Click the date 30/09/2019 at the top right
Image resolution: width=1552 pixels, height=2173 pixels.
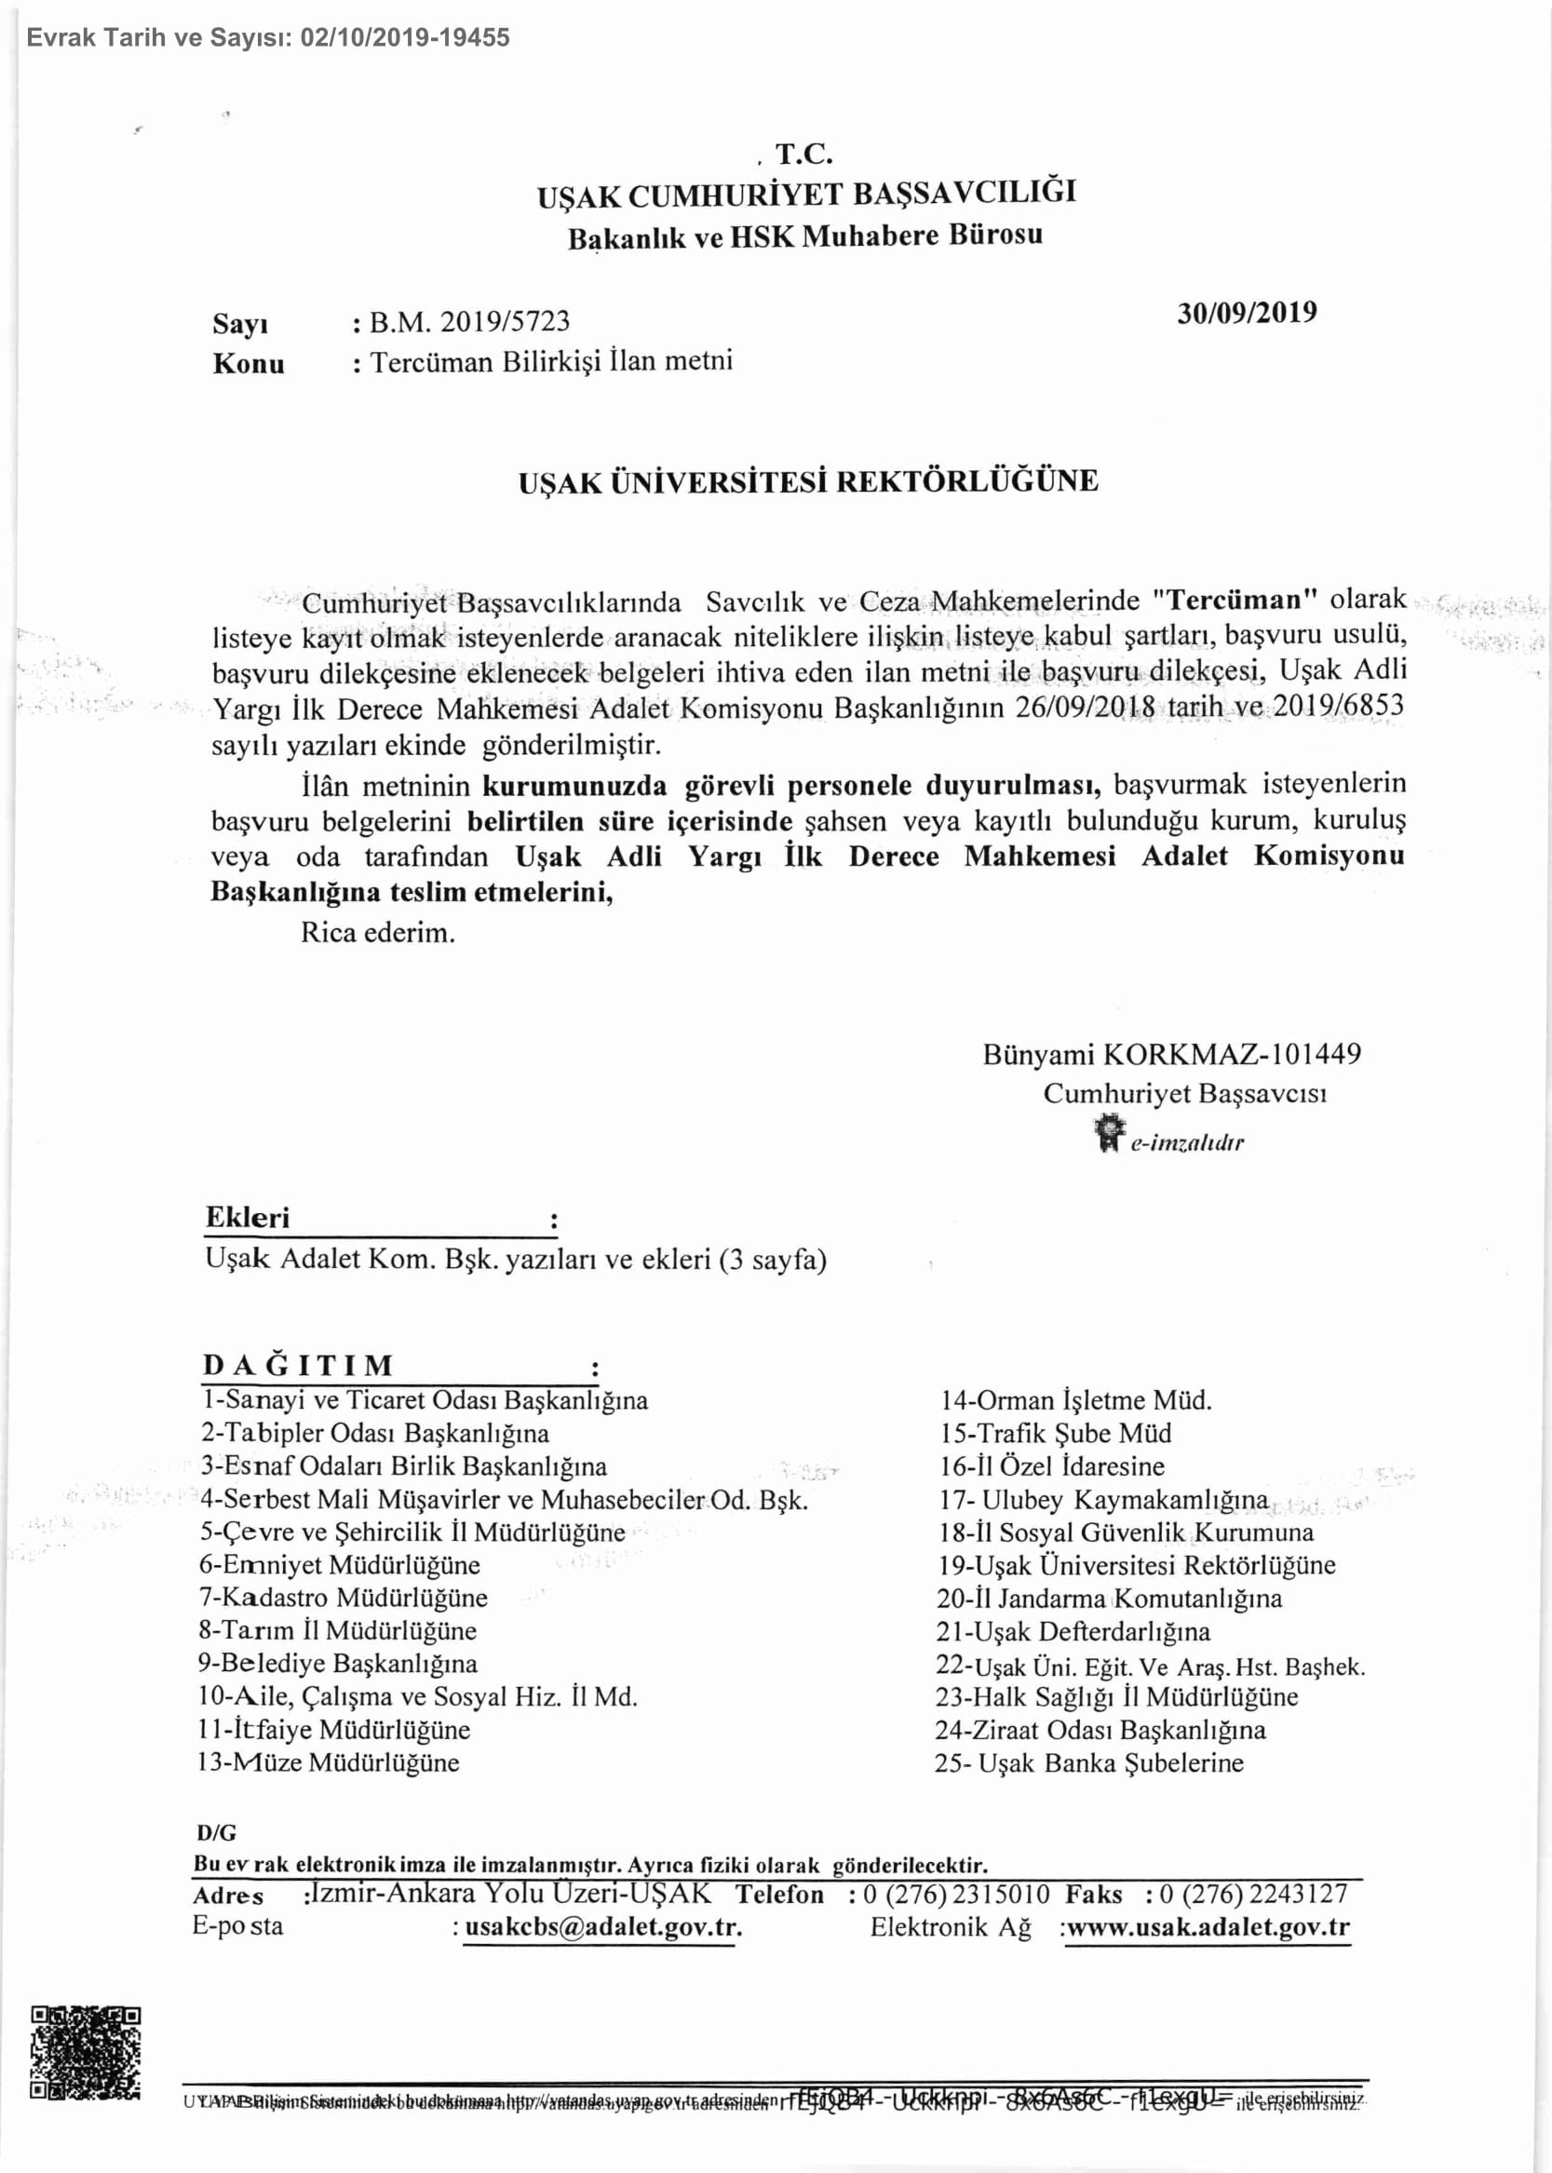[x=1247, y=314]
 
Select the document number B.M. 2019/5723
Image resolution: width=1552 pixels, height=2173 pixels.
[x=469, y=322]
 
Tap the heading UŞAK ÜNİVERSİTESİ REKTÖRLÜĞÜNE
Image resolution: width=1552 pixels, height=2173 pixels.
[x=807, y=481]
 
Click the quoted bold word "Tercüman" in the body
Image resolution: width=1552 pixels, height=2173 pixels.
[x=1235, y=601]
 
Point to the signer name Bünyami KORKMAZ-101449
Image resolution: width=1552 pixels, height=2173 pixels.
[x=1171, y=1054]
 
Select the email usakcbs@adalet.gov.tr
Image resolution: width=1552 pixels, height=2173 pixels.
[x=602, y=1926]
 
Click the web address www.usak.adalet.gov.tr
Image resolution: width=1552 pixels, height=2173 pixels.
[x=1208, y=1926]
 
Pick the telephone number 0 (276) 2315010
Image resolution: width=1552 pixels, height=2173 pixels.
[x=955, y=1894]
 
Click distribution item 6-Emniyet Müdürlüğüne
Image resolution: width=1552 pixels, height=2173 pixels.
[x=339, y=1565]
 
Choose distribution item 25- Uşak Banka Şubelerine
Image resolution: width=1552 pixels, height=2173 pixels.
[x=1089, y=1763]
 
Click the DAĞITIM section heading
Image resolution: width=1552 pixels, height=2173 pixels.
[x=298, y=1365]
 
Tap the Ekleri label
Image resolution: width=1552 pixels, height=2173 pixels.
[x=248, y=1218]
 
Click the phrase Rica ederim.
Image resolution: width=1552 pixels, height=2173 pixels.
[x=377, y=933]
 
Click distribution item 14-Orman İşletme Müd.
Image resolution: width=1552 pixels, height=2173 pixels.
[x=1075, y=1401]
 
